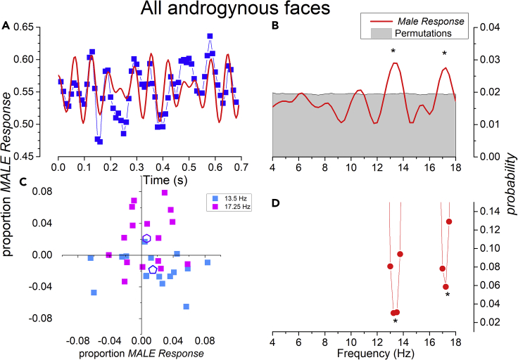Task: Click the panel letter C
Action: click(6, 184)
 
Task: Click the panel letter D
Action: click(276, 205)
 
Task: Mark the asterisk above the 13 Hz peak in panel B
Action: click(393, 52)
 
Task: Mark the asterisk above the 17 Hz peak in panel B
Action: click(444, 54)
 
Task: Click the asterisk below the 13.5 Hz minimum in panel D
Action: click(396, 322)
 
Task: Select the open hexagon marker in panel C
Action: click(146, 239)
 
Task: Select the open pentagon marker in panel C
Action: click(153, 269)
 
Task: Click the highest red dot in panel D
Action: click(448, 221)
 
